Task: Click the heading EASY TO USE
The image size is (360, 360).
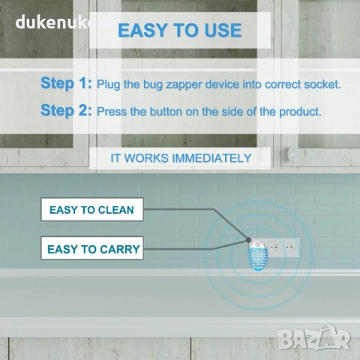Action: tap(180, 30)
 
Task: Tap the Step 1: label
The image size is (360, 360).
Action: tap(66, 82)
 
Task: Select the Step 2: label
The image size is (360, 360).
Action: tap(66, 110)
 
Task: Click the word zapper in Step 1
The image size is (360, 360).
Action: tap(184, 85)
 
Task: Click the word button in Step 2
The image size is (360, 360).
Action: tap(166, 112)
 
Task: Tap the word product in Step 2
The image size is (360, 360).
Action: tap(300, 112)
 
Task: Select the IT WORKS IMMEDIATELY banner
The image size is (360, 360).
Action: tap(180, 158)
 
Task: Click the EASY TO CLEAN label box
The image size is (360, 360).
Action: tap(92, 209)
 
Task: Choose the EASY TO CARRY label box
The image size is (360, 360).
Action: tap(92, 248)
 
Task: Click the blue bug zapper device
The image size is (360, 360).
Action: tap(258, 255)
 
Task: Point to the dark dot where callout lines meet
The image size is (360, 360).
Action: tap(248, 240)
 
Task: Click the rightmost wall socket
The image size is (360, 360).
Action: tap(290, 248)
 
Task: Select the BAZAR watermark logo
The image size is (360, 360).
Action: tap(314, 338)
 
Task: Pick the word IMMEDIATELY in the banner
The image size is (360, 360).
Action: tap(211, 158)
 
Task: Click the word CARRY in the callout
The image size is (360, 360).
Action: tap(120, 249)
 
